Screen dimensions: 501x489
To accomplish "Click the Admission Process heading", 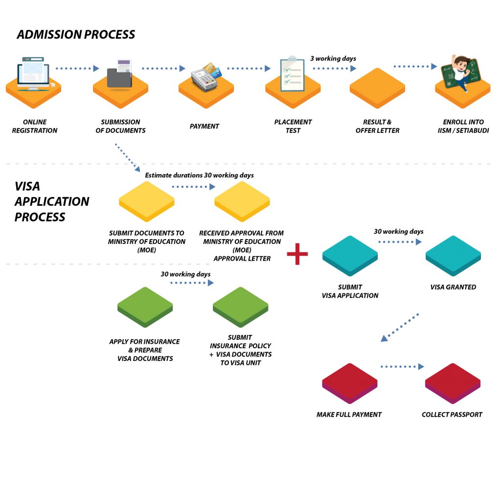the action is pos(76,35).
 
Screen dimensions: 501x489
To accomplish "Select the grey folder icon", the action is pos(119,74).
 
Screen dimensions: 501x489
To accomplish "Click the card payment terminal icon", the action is pos(206,77).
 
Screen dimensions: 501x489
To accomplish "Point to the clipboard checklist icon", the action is pos(293,74).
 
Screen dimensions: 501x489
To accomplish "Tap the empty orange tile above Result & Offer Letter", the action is pos(377,88).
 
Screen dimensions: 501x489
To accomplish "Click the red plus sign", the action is pos(297,254).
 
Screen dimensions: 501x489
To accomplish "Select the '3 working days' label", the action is pos(333,59).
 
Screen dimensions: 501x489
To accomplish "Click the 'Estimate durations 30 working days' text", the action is pos(199,176).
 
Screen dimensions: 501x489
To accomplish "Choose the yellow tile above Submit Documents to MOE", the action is pos(147,201).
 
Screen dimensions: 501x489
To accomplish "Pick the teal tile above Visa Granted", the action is pos(453,256).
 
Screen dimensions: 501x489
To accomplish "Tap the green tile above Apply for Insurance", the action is pos(145,307).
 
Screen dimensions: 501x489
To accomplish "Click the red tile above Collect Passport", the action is pos(453,383).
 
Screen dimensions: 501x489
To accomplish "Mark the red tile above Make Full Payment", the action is pos(349,383).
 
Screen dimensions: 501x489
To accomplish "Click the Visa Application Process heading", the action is pos(52,201).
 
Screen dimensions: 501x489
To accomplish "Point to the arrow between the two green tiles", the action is pos(192,283).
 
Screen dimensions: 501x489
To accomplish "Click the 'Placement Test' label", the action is pos(293,126).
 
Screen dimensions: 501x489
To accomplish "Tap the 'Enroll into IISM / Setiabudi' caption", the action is pos(463,126).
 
